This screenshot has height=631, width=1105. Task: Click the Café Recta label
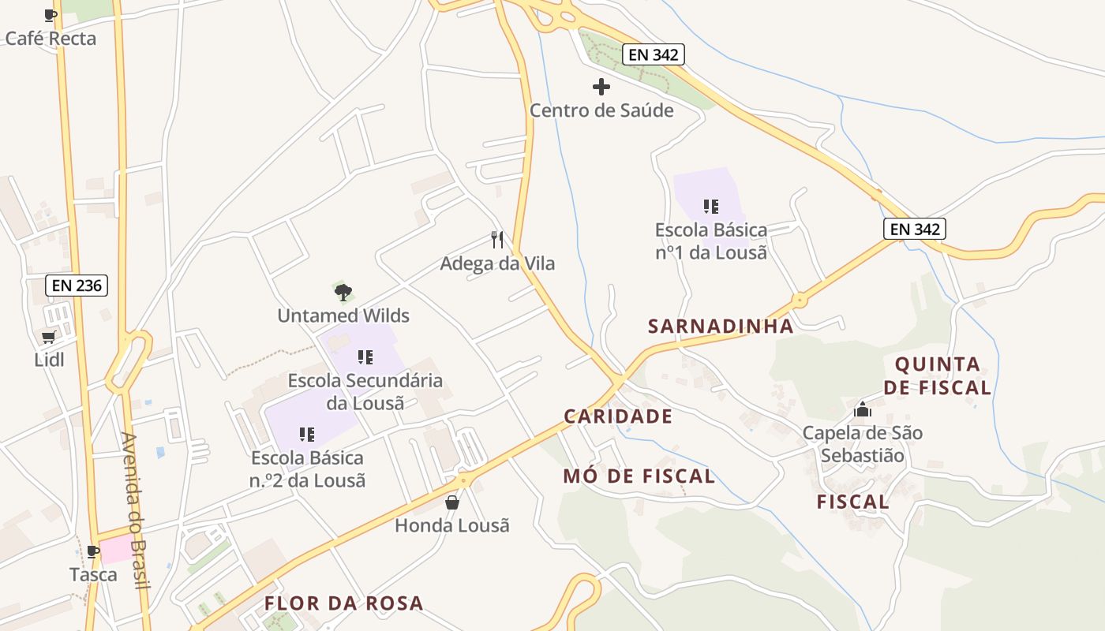click(x=51, y=38)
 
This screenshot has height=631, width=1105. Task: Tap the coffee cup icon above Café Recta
click(x=51, y=15)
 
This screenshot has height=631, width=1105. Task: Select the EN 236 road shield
click(x=77, y=285)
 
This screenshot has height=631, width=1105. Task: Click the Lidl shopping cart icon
click(x=49, y=338)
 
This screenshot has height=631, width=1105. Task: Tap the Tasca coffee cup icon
click(x=93, y=551)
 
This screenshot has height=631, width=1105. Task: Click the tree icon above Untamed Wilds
click(x=343, y=293)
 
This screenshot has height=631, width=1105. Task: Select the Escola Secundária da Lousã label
click(x=365, y=391)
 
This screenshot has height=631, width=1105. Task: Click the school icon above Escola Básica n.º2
click(x=307, y=434)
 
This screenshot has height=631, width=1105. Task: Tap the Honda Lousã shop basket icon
click(x=452, y=502)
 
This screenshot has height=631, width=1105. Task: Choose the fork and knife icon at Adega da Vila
click(x=497, y=240)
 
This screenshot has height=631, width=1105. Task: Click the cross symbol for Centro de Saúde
click(x=601, y=87)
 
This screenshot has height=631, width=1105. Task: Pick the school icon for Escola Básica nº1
click(x=710, y=207)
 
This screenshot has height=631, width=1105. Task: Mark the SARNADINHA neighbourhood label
click(x=721, y=327)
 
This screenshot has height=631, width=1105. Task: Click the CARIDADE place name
click(x=618, y=416)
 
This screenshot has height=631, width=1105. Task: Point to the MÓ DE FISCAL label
click(x=639, y=476)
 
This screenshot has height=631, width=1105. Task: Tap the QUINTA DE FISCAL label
click(x=937, y=375)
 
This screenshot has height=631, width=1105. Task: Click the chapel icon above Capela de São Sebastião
click(x=862, y=410)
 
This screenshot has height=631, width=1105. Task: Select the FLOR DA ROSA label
click(x=344, y=603)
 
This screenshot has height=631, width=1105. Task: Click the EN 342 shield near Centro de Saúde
click(x=653, y=54)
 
